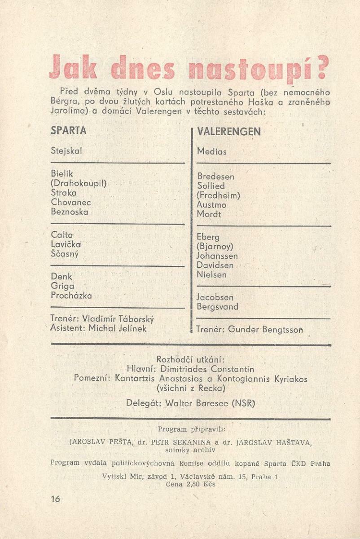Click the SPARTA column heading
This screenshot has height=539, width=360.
69,131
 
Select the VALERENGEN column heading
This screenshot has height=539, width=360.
228,131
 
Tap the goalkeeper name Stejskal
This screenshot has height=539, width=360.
66,151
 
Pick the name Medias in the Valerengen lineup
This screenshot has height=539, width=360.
212,152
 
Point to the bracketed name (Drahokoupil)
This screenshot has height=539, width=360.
79,183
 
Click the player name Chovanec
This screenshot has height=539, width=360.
71,202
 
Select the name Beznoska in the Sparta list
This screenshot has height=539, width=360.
70,212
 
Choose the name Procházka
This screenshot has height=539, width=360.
71,296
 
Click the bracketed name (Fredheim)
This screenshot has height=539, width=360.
219,195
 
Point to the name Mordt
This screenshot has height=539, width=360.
209,214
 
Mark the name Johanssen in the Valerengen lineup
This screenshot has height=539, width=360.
217,256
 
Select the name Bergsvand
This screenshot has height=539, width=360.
218,307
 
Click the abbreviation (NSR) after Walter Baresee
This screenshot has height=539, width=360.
243,403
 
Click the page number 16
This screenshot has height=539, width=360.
56,499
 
